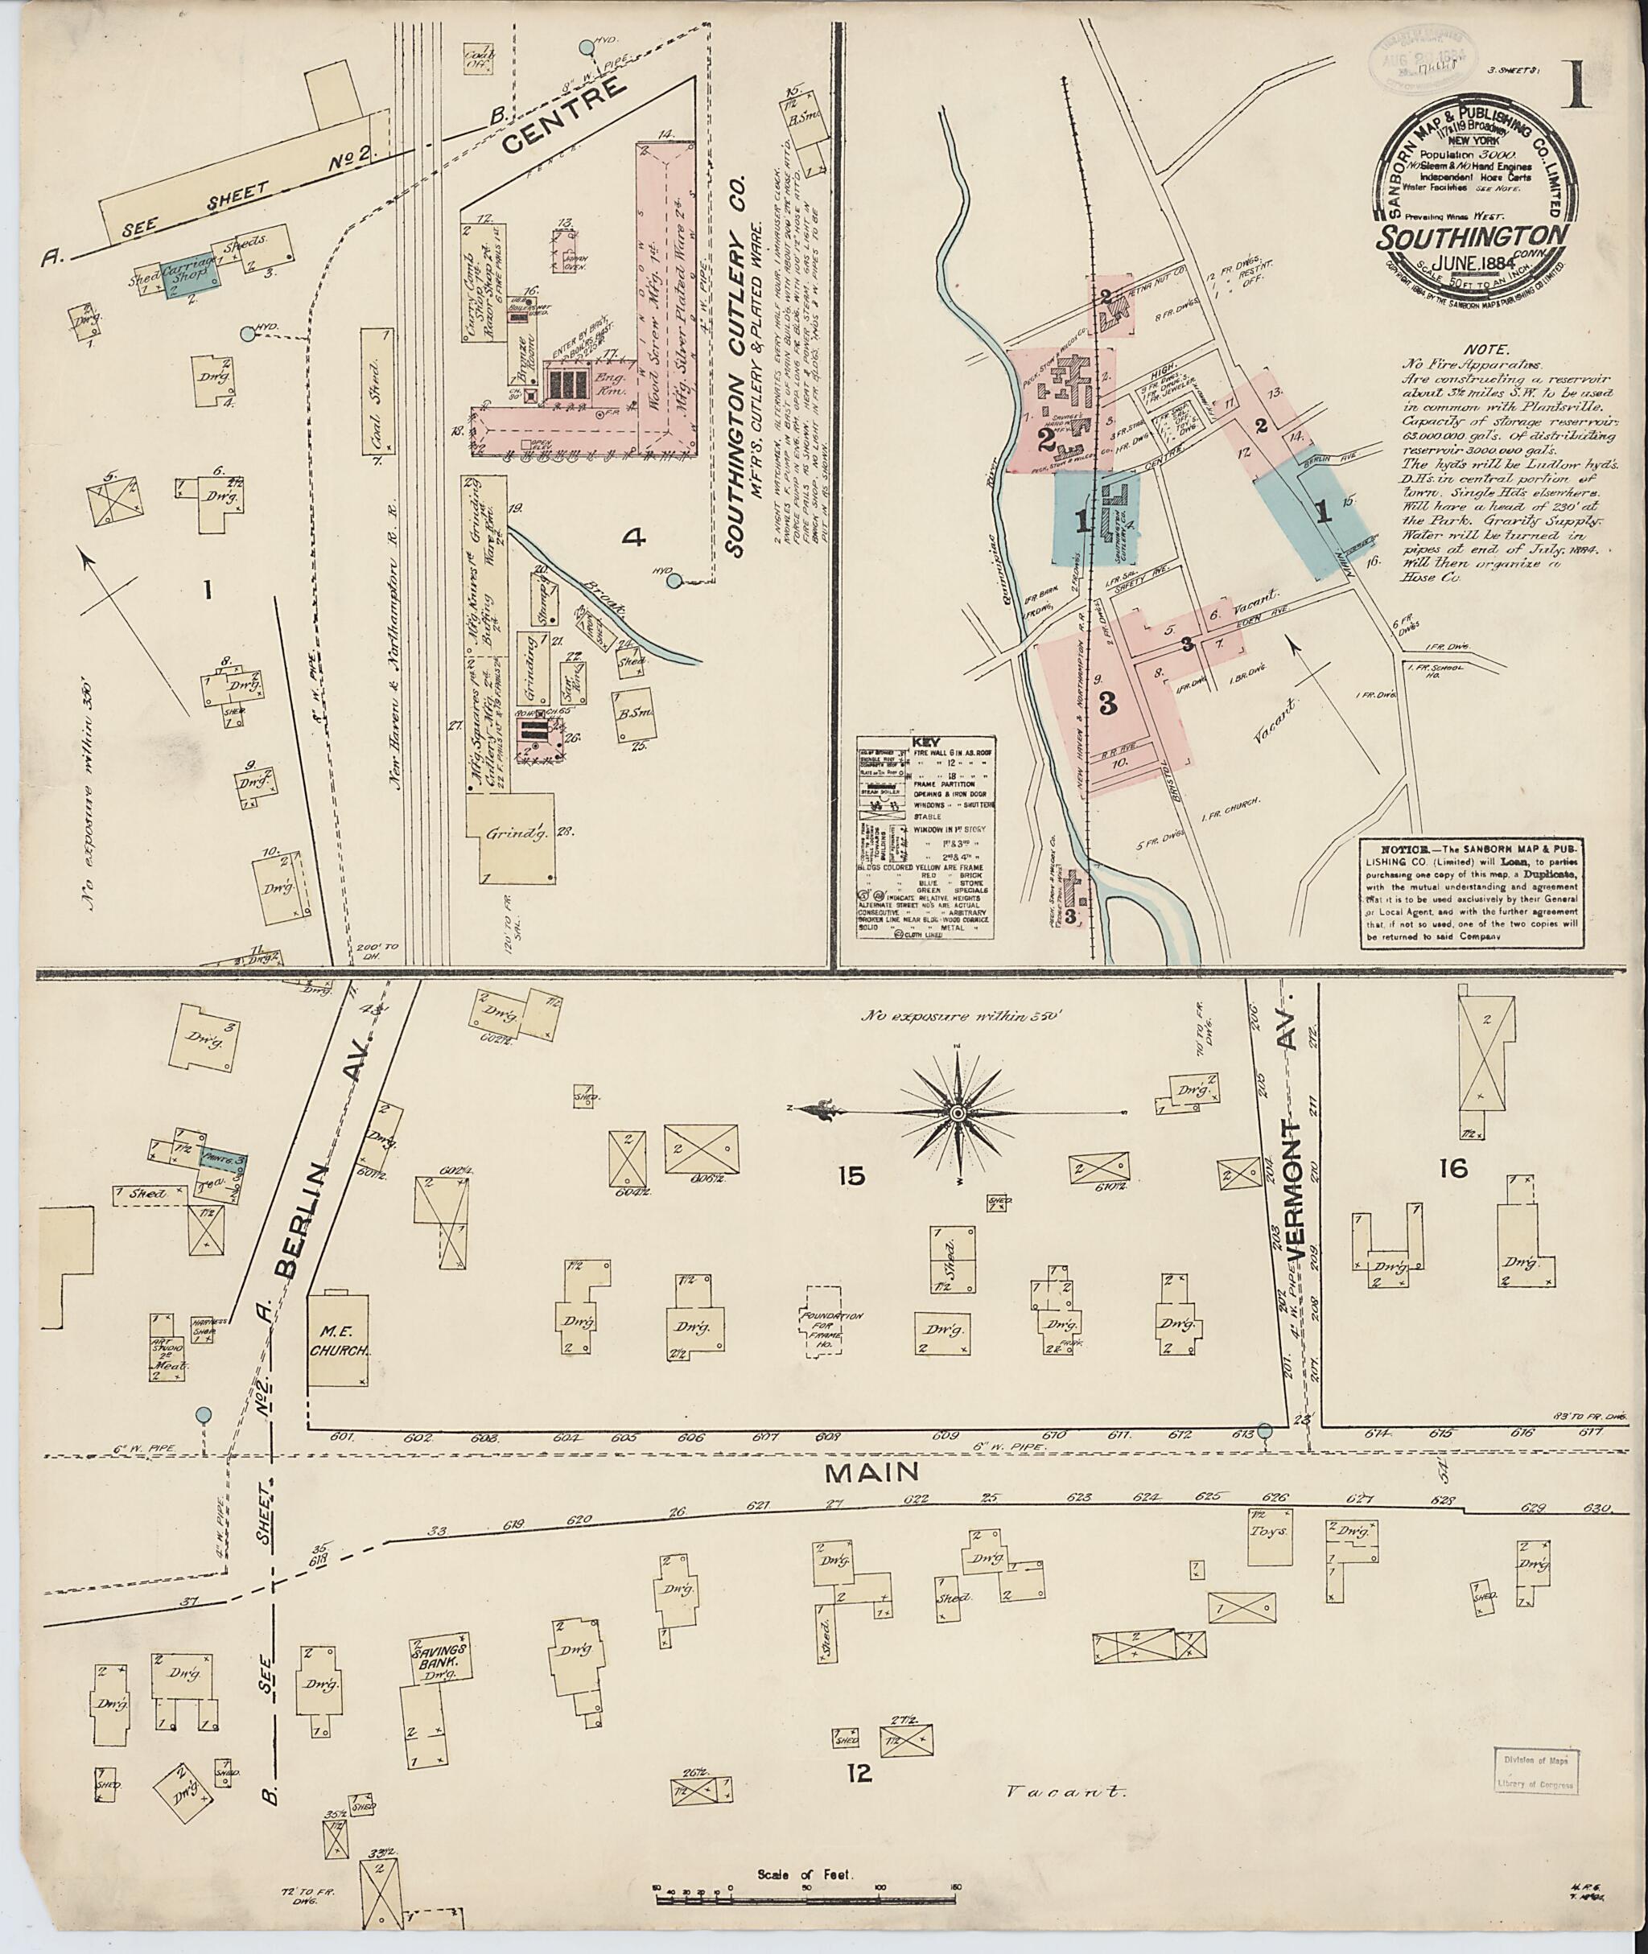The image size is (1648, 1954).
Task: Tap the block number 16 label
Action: [x=1454, y=1167]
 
